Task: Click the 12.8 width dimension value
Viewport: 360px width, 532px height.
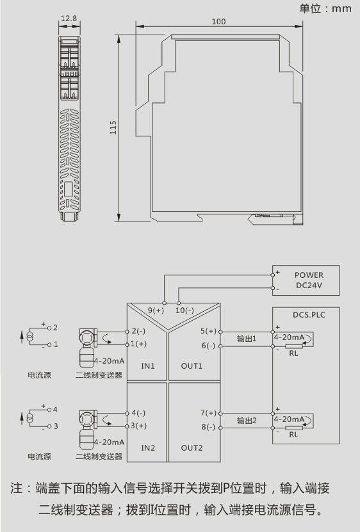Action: (x=69, y=18)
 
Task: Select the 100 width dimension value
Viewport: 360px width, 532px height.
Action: (x=218, y=21)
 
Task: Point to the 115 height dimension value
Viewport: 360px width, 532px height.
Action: (x=113, y=127)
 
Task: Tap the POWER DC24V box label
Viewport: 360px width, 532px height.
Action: (x=309, y=280)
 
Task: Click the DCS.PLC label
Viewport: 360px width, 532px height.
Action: (x=309, y=315)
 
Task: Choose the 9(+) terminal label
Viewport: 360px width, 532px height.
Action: (x=156, y=310)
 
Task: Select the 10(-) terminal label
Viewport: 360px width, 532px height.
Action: (x=184, y=310)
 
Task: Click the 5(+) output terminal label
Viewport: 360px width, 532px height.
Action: (x=208, y=331)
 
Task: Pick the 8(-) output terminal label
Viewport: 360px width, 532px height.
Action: (x=208, y=427)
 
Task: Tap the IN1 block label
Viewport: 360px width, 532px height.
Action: (x=148, y=366)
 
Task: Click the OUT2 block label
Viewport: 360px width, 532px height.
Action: (x=192, y=448)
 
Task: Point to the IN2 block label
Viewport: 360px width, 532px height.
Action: (x=148, y=448)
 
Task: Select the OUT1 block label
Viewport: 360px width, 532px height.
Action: (x=192, y=366)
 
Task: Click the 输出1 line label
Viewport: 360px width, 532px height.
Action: (x=247, y=338)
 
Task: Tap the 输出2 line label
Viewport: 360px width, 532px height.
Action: (x=247, y=421)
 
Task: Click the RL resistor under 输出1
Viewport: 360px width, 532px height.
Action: (x=294, y=346)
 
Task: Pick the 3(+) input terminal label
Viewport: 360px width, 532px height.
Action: (x=138, y=426)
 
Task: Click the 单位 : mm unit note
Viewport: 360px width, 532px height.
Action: (x=325, y=8)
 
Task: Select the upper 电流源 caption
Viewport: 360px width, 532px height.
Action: (x=39, y=375)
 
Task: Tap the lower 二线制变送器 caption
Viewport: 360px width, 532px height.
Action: (x=99, y=456)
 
